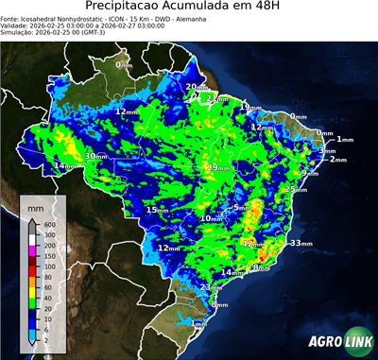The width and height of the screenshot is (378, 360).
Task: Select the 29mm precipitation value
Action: point(218,167)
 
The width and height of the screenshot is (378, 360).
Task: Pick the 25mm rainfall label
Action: point(296,189)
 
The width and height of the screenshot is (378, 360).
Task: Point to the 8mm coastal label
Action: point(261,268)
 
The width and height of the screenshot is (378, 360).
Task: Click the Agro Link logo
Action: point(335,341)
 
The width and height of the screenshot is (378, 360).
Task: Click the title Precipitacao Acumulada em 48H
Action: point(189,9)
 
